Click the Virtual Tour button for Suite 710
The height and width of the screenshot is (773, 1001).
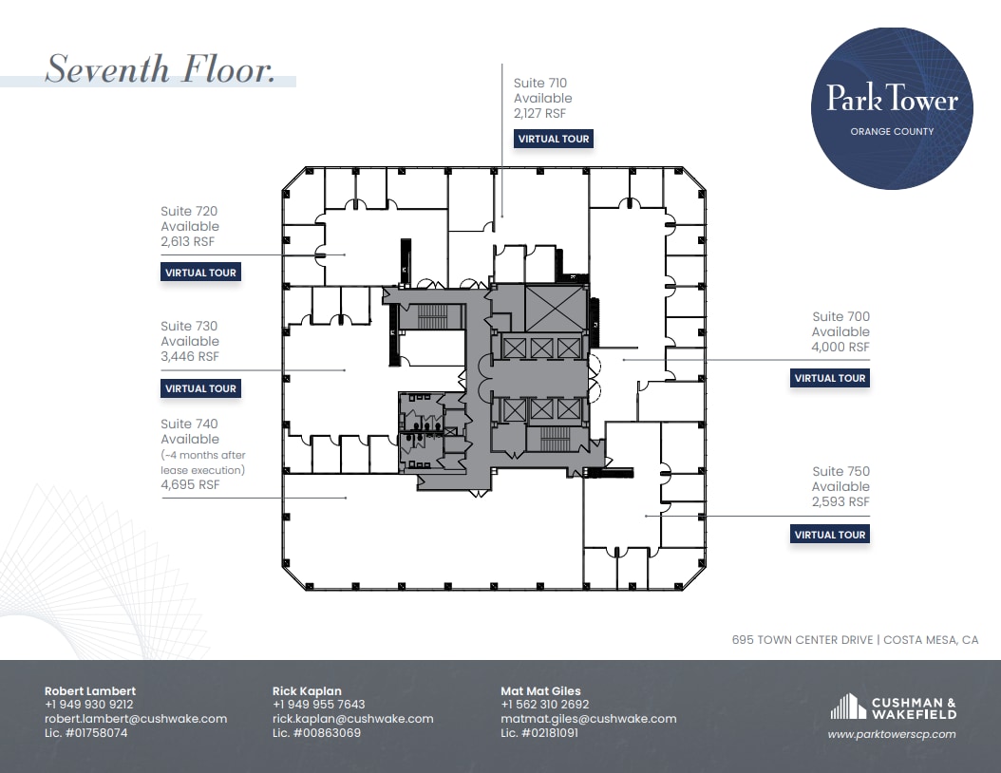554,139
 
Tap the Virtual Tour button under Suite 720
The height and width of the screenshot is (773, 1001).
200,273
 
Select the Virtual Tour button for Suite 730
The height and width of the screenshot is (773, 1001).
200,388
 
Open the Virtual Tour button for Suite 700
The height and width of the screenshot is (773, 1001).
829,378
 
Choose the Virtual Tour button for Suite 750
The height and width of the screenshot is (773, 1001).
829,535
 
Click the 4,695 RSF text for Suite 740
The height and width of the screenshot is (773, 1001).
190,484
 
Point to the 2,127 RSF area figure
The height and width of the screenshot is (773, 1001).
539,113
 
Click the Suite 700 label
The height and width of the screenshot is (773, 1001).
840,317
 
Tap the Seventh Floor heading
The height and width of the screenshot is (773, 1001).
161,69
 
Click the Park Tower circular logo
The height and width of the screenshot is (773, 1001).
892,108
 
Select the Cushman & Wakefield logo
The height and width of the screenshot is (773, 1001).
894,707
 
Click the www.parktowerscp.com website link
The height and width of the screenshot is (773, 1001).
892,734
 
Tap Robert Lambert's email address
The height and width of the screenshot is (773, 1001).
136,719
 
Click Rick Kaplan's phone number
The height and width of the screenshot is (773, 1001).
318,705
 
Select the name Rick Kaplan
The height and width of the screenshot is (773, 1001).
307,691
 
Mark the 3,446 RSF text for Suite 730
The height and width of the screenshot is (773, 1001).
190,357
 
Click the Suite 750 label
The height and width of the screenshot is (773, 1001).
840,472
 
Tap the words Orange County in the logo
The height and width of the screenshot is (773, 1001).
892,131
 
